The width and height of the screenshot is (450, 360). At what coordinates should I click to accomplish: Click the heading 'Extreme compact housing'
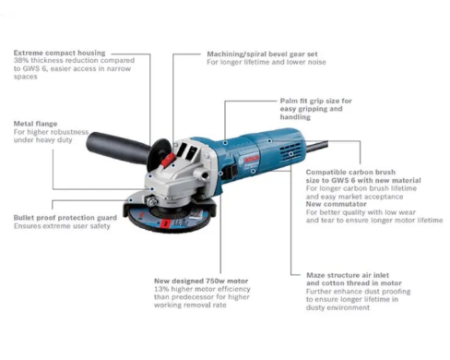[59, 54]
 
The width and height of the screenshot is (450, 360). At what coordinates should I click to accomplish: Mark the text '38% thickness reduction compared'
[66, 62]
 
